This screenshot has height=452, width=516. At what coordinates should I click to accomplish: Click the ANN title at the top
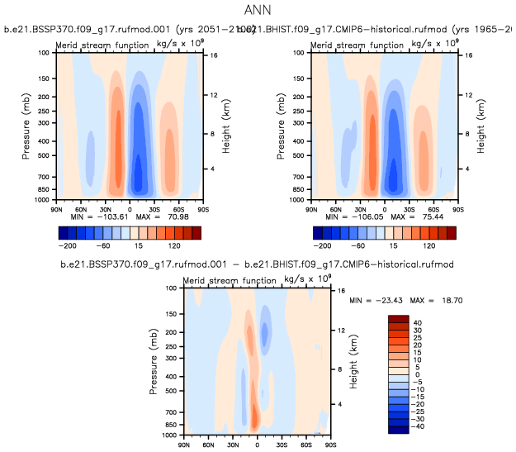coord(258,10)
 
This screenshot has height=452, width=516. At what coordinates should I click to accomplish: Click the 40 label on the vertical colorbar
coord(417,322)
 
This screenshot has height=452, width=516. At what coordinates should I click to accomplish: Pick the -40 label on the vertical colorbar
coord(419,426)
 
